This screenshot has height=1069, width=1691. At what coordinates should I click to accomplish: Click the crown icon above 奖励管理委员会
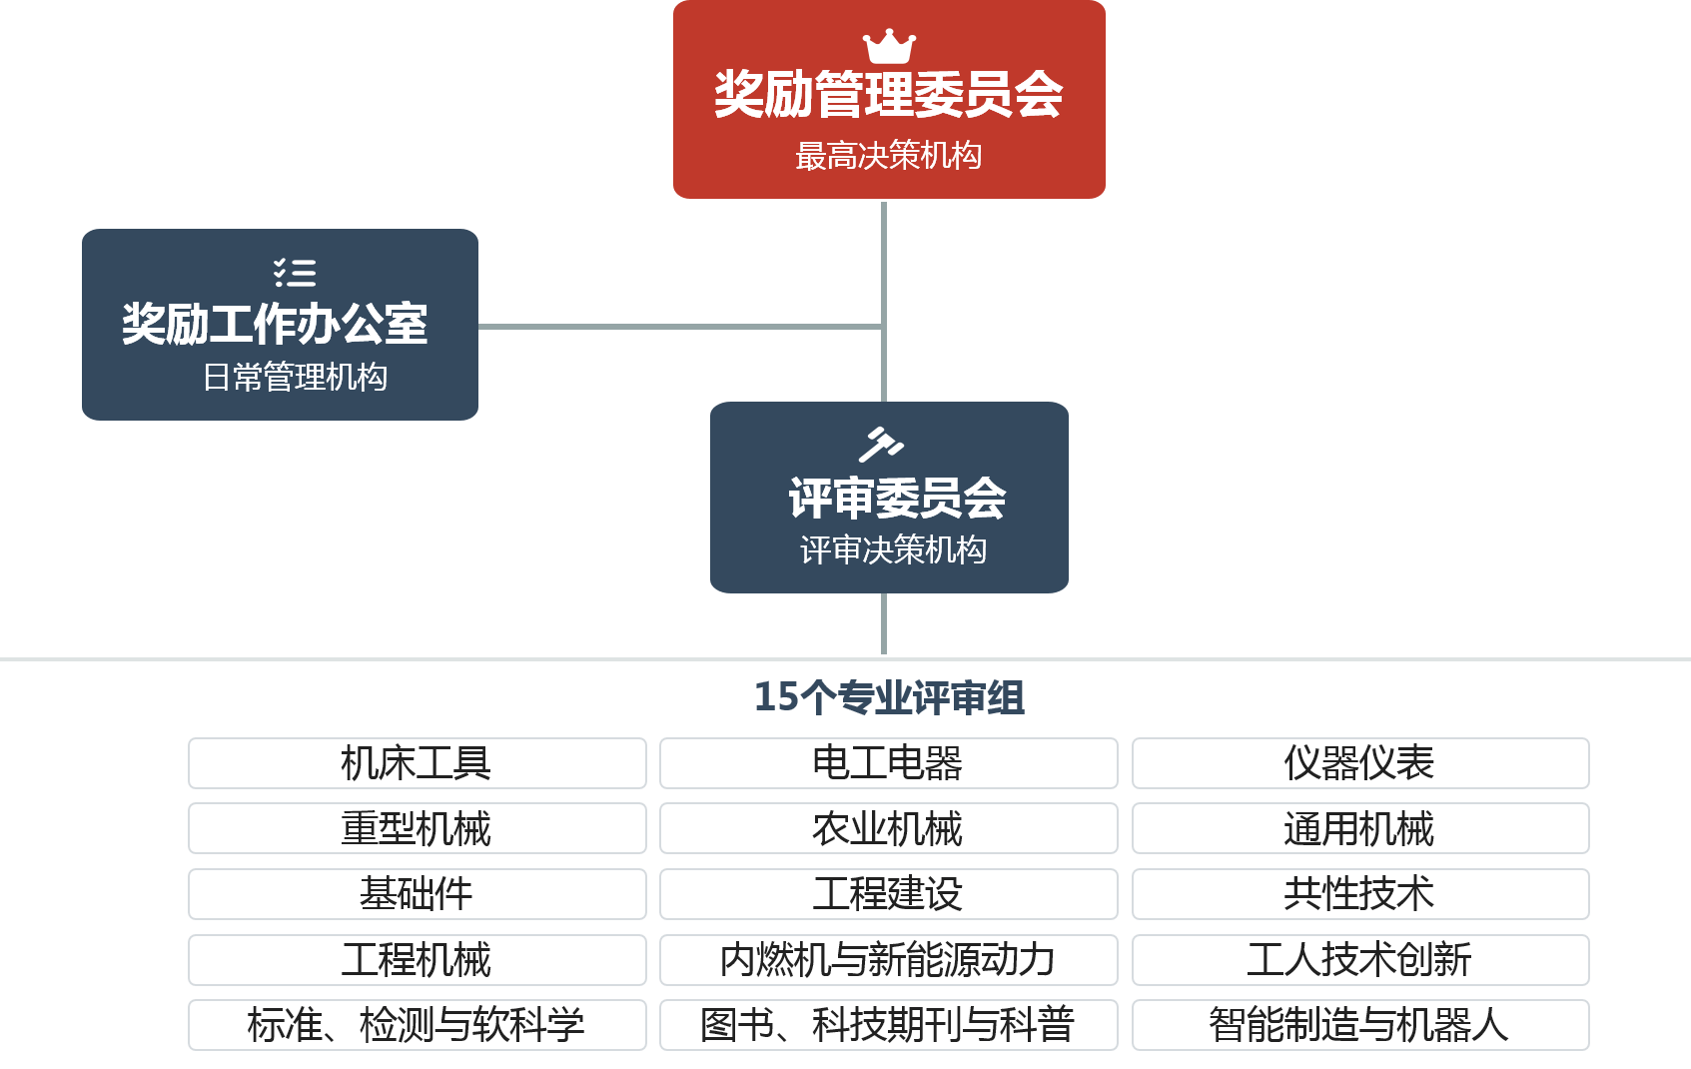click(x=889, y=46)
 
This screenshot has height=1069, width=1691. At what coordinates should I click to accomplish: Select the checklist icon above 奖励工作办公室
click(x=295, y=273)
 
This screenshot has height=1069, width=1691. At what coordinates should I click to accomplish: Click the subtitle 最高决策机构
click(x=888, y=156)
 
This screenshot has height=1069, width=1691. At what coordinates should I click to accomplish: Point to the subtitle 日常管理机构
click(x=295, y=378)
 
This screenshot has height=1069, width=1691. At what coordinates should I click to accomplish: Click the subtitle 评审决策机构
click(x=893, y=549)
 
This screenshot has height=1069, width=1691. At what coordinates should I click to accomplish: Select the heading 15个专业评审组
click(x=888, y=697)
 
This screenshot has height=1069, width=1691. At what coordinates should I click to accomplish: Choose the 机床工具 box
click(x=417, y=763)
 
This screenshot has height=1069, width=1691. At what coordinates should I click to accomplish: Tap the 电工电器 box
click(x=888, y=763)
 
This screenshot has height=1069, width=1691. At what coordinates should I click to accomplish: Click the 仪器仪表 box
click(x=1359, y=763)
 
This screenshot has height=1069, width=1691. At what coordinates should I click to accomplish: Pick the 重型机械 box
click(x=417, y=828)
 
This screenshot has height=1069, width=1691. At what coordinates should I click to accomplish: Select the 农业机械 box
click(x=888, y=828)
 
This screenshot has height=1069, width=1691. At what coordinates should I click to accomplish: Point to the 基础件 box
click(x=417, y=894)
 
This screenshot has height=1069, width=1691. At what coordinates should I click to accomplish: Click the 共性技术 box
click(x=1359, y=894)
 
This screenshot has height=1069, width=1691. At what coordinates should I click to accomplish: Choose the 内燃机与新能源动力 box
click(x=888, y=960)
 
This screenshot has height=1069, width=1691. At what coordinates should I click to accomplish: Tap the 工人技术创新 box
click(x=1359, y=960)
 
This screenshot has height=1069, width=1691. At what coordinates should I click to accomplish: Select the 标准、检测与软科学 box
click(x=417, y=1025)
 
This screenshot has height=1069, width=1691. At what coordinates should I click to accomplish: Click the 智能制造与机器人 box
click(x=1359, y=1025)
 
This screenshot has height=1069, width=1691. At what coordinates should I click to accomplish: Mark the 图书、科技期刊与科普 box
click(x=888, y=1025)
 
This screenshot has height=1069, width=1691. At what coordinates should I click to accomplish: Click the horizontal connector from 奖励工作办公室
click(x=679, y=327)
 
